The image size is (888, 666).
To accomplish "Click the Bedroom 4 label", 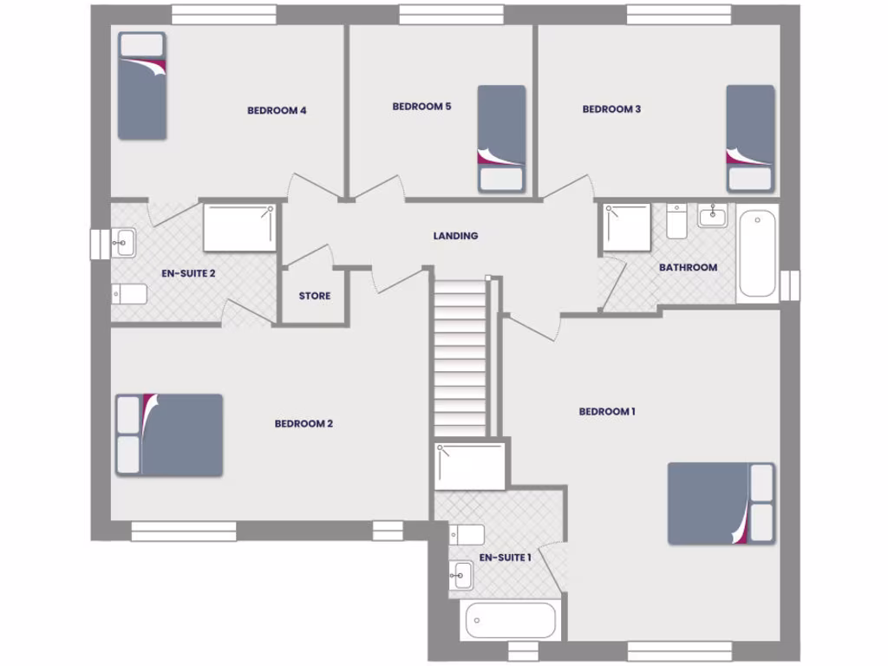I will (x=277, y=110).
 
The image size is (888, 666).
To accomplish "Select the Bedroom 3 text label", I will (x=611, y=109).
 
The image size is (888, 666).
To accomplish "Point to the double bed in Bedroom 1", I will (x=720, y=503).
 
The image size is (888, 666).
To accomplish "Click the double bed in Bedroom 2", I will (x=170, y=434).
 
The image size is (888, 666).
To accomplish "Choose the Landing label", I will (x=455, y=236).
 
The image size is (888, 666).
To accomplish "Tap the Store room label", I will (x=314, y=296).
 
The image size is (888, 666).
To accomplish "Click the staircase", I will (x=460, y=356).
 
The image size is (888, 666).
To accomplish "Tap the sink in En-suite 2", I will (x=123, y=243).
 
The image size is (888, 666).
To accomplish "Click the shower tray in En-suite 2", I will (x=239, y=227).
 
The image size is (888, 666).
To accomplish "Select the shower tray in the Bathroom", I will (x=626, y=227).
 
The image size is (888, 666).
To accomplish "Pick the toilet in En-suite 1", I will (x=466, y=534).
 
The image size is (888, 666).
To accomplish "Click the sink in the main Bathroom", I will (x=712, y=216).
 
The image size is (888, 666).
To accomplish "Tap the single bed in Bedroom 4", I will (x=142, y=87).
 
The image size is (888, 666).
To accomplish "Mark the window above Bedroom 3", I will (x=678, y=15).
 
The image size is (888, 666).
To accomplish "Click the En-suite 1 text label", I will (x=505, y=557).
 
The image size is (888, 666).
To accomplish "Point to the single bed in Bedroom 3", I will (x=750, y=137).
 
